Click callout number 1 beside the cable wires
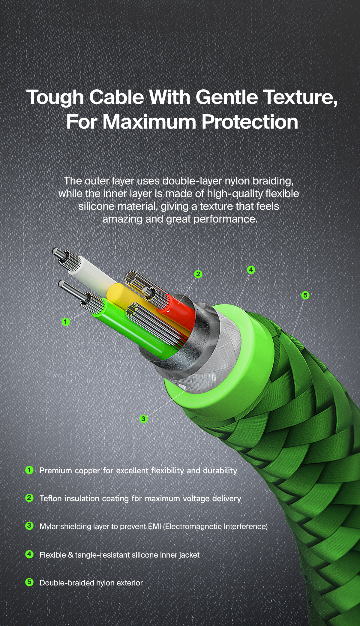pyautogui.click(x=65, y=322)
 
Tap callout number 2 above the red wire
pyautogui.click(x=198, y=274)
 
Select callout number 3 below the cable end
pyautogui.click(x=143, y=419)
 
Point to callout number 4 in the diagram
pyautogui.click(x=251, y=270)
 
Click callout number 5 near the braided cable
pyautogui.click(x=305, y=295)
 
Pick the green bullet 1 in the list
pyautogui.click(x=29, y=470)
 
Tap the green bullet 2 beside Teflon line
pyautogui.click(x=29, y=498)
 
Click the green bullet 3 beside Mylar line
pyautogui.click(x=29, y=526)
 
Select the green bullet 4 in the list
pyautogui.click(x=29, y=554)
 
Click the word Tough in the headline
pyautogui.click(x=55, y=98)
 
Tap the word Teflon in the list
pyautogui.click(x=50, y=499)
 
